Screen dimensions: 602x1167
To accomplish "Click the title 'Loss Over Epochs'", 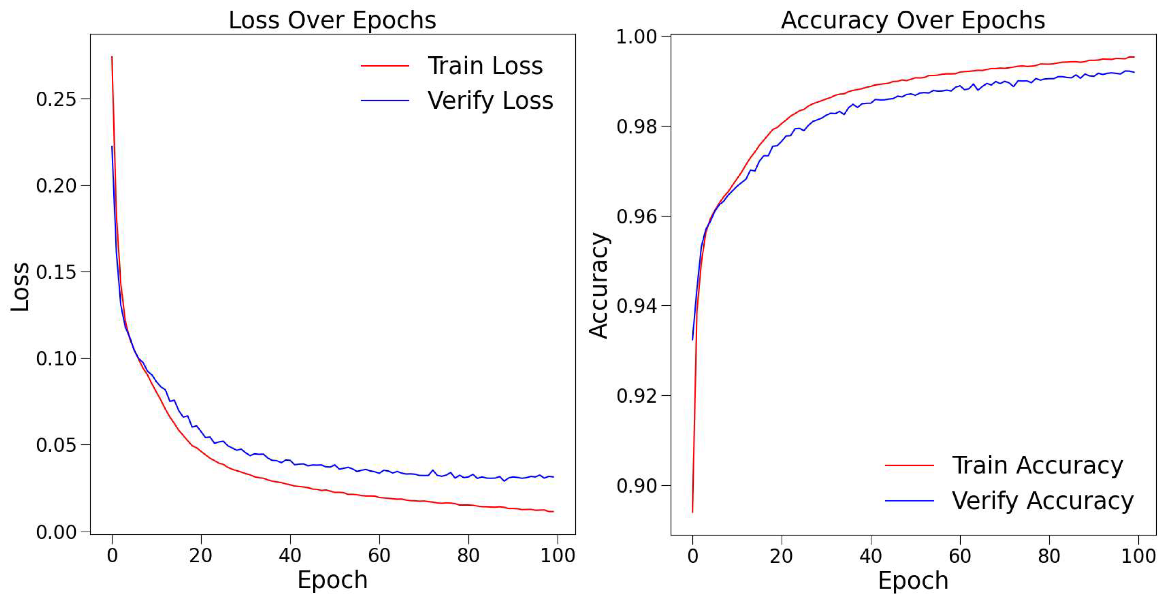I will tap(332, 21).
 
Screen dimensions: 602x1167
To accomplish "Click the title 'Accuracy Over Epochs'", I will tap(913, 21).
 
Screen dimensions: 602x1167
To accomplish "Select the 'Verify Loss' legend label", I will tap(490, 101).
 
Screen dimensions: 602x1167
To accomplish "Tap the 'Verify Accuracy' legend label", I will tap(1042, 501).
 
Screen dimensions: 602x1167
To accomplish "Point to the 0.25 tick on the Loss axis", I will tap(56, 99).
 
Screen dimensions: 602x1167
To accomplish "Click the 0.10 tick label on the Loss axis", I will tap(56, 359).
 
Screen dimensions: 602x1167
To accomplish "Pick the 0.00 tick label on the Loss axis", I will tap(56, 532).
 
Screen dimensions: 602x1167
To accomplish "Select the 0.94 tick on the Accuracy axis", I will tap(636, 306).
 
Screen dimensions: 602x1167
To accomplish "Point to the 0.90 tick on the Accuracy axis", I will tap(636, 485).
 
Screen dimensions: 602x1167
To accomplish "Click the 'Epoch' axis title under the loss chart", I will tap(332, 580).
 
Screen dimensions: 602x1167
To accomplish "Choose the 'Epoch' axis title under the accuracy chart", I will tap(913, 581).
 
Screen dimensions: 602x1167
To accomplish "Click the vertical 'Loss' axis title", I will tap(21, 287).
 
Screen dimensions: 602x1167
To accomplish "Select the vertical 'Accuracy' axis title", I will tap(599, 285).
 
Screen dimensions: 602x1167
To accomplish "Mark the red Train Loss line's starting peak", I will tap(112, 57).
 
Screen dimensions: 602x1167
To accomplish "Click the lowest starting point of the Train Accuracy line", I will tap(692, 512).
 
